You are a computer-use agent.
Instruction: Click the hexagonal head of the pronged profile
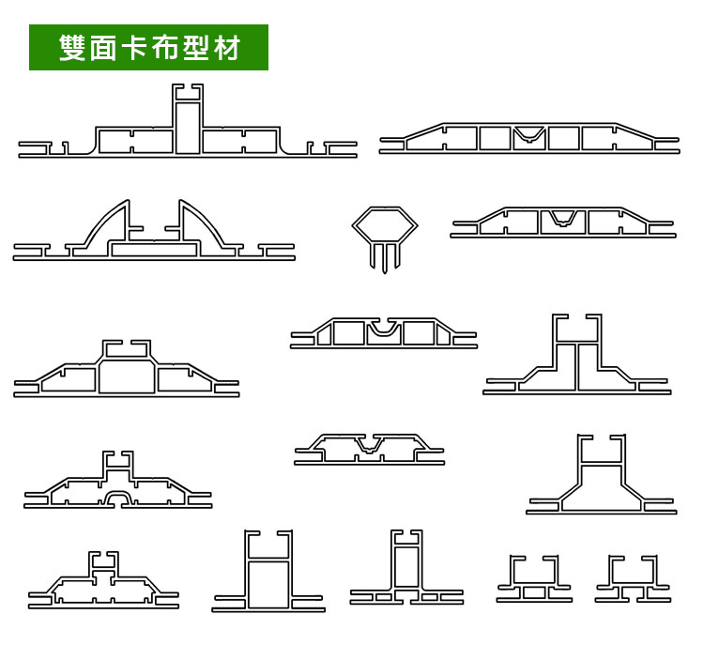point(386,225)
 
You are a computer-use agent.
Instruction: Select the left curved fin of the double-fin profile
point(109,225)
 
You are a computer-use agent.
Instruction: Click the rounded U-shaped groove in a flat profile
point(384,330)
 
